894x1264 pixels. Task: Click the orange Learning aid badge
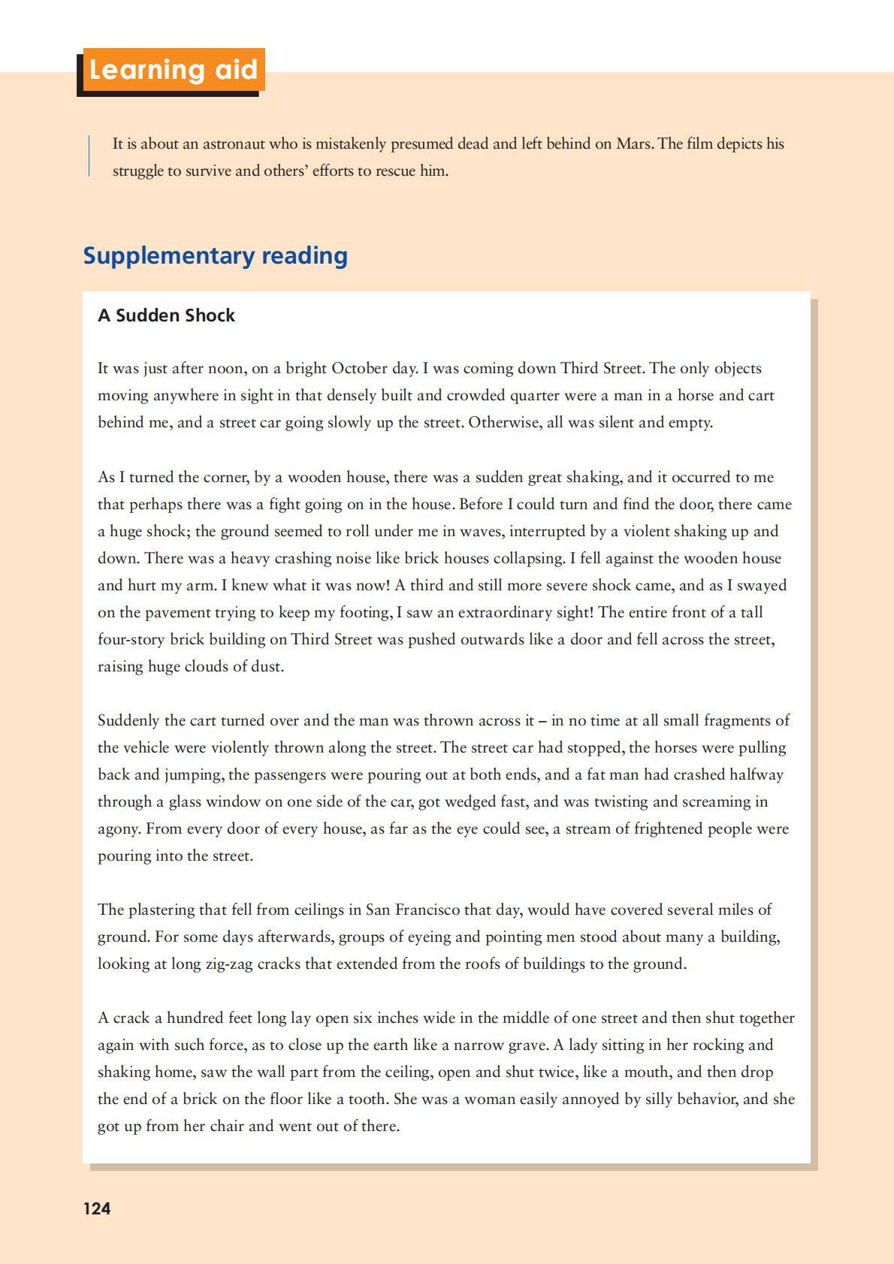pyautogui.click(x=173, y=70)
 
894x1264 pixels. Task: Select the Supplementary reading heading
pyautogui.click(x=215, y=255)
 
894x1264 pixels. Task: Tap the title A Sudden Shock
pyautogui.click(x=166, y=315)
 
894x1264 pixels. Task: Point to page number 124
pyautogui.click(x=97, y=1208)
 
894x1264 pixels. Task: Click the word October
pyautogui.click(x=363, y=368)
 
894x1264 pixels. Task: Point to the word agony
pyautogui.click(x=117, y=828)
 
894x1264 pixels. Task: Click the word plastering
pyautogui.click(x=162, y=910)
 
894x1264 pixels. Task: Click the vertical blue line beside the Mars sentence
pyautogui.click(x=89, y=156)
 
